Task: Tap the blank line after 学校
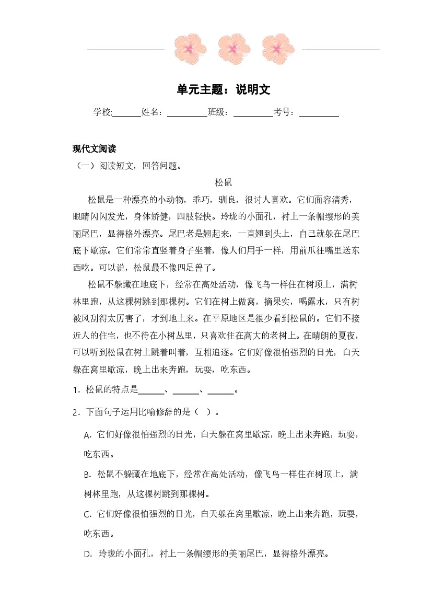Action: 127,114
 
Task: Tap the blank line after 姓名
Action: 187,114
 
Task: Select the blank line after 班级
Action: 253,114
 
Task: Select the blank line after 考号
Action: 319,114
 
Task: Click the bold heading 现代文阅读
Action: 94,149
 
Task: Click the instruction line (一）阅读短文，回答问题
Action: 128,166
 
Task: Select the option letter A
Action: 87,435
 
